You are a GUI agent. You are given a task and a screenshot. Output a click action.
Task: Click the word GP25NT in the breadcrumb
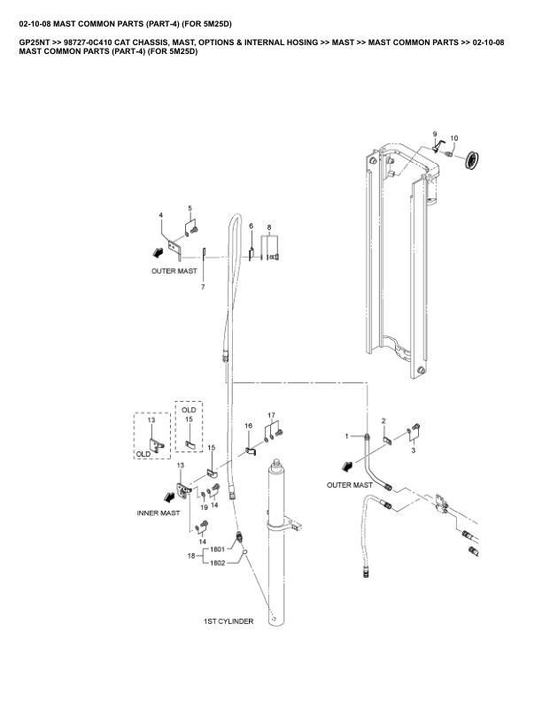(34, 42)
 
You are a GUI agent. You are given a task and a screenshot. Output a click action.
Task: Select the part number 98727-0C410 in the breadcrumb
(86, 42)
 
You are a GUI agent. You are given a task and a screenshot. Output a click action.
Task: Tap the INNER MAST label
(159, 512)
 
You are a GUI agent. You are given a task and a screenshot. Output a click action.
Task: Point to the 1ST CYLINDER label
(228, 621)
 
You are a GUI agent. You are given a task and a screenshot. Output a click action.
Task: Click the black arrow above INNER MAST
(169, 497)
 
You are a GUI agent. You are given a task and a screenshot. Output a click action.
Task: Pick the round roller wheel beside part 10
(472, 158)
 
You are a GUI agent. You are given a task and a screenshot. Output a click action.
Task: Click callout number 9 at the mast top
(435, 135)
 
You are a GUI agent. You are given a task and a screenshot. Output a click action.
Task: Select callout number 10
(454, 138)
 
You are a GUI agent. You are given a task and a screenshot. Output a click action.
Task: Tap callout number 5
(190, 208)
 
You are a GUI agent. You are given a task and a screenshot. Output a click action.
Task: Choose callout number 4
(161, 215)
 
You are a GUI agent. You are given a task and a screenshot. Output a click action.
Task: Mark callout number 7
(203, 287)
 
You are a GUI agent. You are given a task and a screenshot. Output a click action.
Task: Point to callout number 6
(252, 226)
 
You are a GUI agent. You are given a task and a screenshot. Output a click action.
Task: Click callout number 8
(269, 227)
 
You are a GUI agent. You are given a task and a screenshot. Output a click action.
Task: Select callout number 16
(249, 426)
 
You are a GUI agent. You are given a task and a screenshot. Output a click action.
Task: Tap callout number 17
(272, 415)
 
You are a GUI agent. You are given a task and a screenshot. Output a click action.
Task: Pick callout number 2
(383, 421)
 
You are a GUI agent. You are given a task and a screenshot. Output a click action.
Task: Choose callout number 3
(414, 451)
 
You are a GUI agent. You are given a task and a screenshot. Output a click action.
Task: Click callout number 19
(204, 507)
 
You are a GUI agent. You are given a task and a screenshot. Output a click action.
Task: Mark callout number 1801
(217, 549)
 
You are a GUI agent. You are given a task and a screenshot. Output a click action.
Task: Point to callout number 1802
(217, 563)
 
